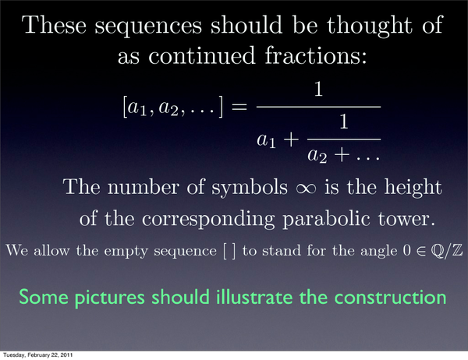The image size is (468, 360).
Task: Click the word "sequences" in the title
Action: click(148, 26)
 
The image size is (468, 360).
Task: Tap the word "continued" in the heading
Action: click(202, 55)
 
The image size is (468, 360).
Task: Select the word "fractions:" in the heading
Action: click(316, 55)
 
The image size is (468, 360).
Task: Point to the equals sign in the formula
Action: click(239, 107)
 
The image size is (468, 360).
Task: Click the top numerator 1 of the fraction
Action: click(318, 89)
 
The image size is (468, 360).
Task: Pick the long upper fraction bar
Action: click(318, 107)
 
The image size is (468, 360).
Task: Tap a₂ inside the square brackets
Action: click(168, 108)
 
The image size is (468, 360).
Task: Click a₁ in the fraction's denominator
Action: click(266, 140)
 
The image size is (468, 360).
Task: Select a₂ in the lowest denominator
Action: click(317, 156)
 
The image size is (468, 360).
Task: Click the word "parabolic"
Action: click(326, 220)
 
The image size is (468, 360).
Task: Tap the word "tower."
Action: click(406, 218)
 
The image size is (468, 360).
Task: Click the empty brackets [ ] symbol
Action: click(229, 251)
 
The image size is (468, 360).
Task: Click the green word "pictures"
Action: click(109, 298)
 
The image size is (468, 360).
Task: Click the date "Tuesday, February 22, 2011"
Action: click(37, 355)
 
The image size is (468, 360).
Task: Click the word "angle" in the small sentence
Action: click(379, 251)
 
